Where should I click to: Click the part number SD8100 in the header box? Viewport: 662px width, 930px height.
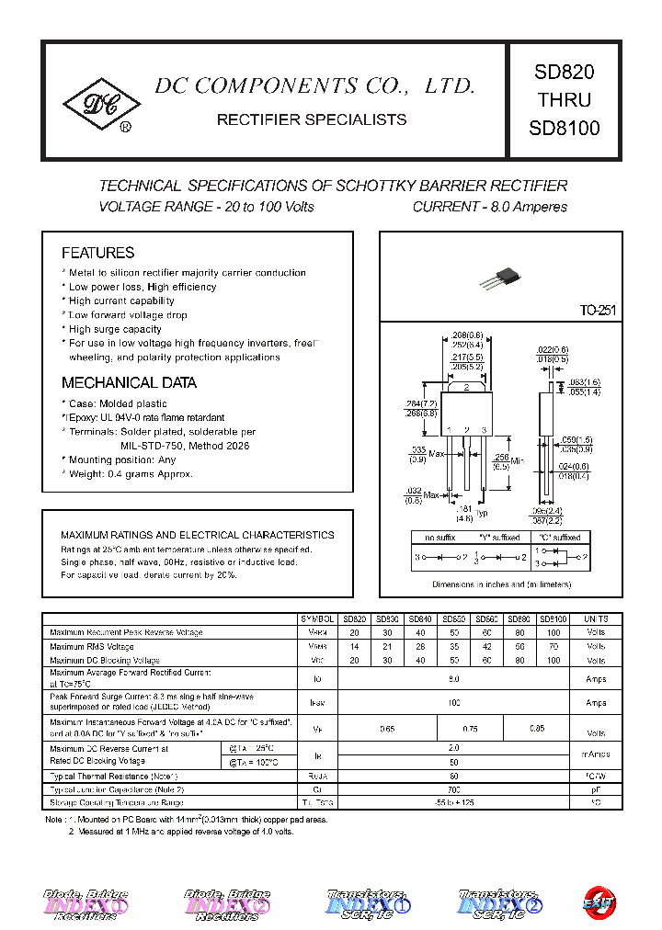pyautogui.click(x=564, y=129)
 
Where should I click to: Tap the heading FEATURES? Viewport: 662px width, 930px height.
pyautogui.click(x=97, y=253)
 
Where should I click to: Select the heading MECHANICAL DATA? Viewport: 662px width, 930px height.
pyautogui.click(x=129, y=383)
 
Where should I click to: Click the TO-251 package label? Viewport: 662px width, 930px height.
pyautogui.click(x=597, y=311)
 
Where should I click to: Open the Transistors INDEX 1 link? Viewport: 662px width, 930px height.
pyautogui.click(x=368, y=902)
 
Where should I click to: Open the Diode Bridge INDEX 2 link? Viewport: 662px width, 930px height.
pyautogui.click(x=226, y=902)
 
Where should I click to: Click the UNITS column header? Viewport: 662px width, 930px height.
pyautogui.click(x=596, y=619)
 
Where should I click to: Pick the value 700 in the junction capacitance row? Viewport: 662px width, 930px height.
pyautogui.click(x=453, y=789)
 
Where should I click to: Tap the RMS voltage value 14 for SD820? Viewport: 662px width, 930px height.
pyautogui.click(x=354, y=647)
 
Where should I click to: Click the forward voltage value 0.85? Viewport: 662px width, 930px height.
pyautogui.click(x=537, y=728)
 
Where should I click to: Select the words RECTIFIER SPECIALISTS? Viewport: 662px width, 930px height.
pyautogui.click(x=311, y=120)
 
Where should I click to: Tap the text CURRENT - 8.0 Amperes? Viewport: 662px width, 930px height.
pyautogui.click(x=489, y=208)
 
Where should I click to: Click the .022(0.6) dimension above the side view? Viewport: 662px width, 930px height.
pyautogui.click(x=552, y=349)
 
